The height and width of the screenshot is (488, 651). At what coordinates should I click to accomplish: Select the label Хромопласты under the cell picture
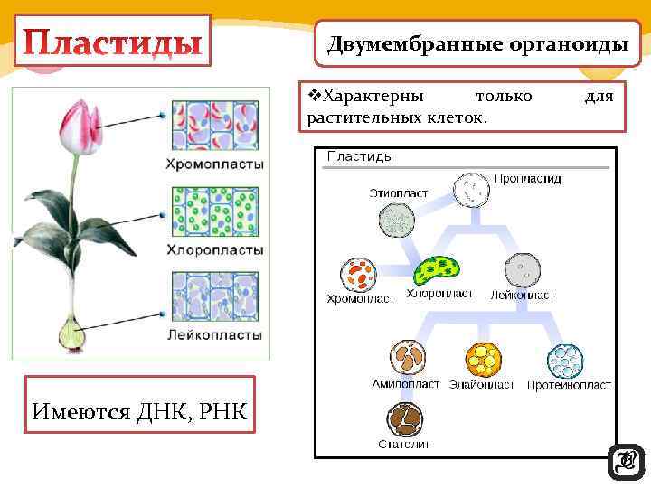214,164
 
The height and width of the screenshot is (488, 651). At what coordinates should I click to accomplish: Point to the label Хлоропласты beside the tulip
214,249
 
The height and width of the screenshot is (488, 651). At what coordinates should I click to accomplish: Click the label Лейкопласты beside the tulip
214,334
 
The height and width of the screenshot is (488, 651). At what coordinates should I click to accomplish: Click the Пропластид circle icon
470,191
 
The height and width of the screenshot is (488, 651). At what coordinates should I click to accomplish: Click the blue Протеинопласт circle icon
565,361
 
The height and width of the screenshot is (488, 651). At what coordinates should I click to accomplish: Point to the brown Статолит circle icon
405,418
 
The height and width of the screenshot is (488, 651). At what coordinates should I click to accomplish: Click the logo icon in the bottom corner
626,463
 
